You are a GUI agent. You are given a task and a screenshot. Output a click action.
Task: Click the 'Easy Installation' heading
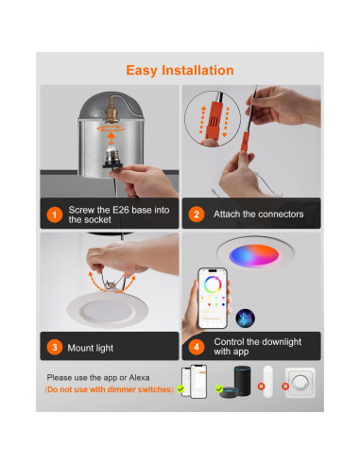point(180,70)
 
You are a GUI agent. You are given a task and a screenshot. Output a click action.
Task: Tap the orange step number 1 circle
point(54,215)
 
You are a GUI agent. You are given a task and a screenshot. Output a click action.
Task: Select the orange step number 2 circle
point(197,215)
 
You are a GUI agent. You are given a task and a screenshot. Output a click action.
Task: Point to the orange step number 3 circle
point(54,347)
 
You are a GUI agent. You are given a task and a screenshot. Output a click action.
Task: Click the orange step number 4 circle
point(197,347)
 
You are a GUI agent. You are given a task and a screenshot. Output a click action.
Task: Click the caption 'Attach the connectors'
point(258,215)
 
